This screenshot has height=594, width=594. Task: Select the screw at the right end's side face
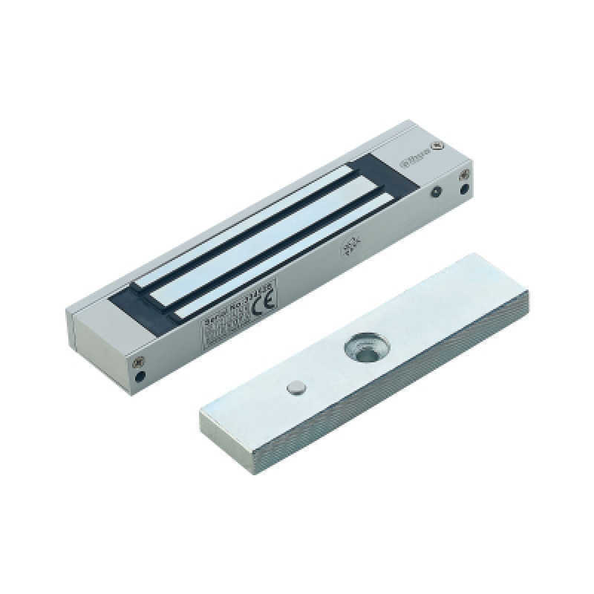tap(463, 175)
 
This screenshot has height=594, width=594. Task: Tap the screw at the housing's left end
tap(138, 362)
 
